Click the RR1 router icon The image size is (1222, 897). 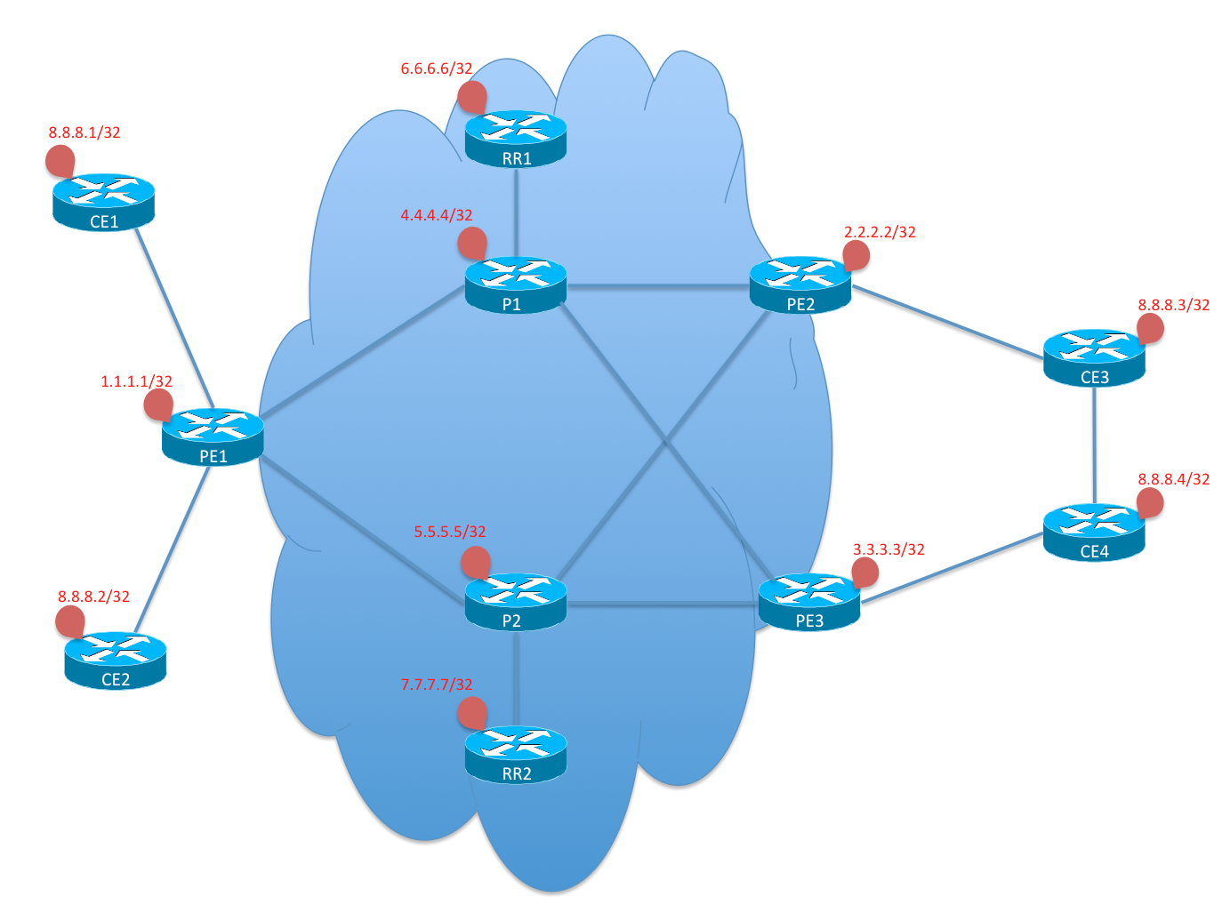[516, 139]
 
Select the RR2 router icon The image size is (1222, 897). [516, 755]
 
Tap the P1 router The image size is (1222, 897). [516, 285]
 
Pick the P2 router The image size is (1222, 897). [516, 602]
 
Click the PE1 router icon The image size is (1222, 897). [213, 436]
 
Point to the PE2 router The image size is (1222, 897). [800, 285]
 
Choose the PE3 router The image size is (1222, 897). [809, 602]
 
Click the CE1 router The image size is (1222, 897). [104, 203]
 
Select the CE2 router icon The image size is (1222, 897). [115, 661]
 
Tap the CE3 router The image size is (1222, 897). [1094, 357]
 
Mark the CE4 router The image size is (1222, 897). [1094, 533]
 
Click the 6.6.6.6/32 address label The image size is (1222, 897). [437, 68]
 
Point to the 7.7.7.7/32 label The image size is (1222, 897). [437, 685]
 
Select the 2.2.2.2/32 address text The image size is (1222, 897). [880, 232]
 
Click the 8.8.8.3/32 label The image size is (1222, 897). [1173, 305]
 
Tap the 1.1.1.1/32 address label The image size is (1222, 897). [136, 381]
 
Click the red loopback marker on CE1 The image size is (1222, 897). [60, 161]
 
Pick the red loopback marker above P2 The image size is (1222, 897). [476, 563]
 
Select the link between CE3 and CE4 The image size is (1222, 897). [1094, 445]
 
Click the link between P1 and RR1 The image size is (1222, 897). [516, 212]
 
